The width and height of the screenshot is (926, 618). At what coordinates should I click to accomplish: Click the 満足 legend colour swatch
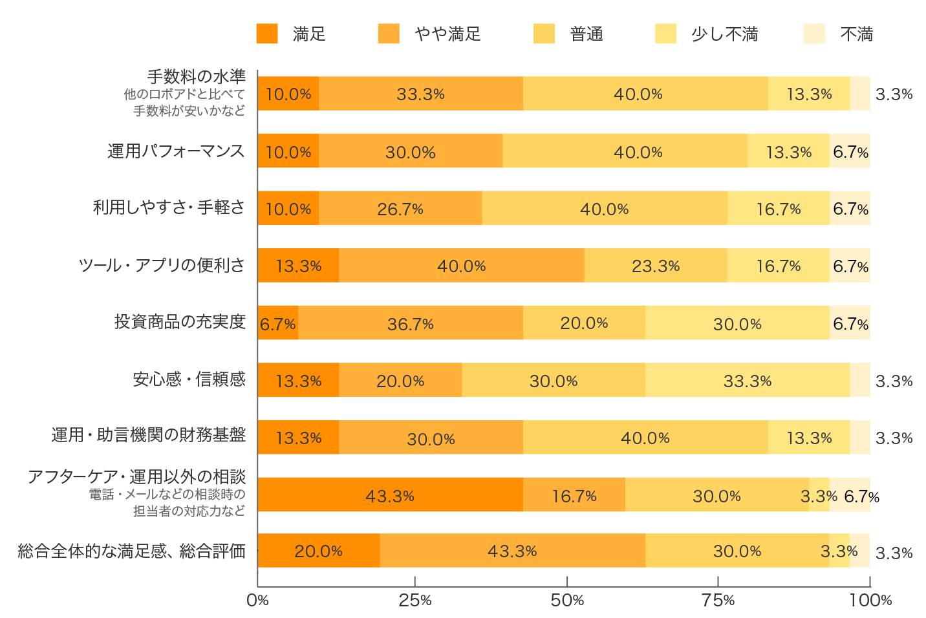tap(266, 34)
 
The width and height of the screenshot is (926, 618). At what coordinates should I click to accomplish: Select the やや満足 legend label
tap(447, 34)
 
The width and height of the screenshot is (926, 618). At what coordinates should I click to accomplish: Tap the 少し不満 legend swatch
tap(665, 34)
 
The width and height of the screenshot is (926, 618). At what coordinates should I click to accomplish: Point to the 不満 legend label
tap(856, 34)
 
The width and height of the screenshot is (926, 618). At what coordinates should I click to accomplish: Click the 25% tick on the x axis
tap(415, 600)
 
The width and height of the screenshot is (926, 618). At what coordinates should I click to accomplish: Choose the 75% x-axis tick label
tap(718, 600)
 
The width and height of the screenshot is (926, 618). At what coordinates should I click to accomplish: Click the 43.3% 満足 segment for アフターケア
tap(390, 495)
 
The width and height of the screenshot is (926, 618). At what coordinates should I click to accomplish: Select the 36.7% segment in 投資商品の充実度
tap(410, 323)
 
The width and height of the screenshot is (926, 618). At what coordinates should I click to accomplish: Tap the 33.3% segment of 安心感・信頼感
tap(748, 380)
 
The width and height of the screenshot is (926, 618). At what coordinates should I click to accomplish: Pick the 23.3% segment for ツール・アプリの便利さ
tap(655, 266)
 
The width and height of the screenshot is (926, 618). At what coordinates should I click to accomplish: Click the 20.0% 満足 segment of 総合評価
tap(318, 551)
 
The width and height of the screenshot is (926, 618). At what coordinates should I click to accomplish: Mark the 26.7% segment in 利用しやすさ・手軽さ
tap(400, 208)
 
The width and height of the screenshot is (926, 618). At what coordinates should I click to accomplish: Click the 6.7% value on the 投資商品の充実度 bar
tap(277, 324)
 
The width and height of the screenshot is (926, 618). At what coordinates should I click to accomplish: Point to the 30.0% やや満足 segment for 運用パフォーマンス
tap(410, 151)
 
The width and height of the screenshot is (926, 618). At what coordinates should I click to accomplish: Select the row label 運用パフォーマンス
tap(176, 151)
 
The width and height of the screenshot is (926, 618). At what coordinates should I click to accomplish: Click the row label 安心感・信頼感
tap(189, 379)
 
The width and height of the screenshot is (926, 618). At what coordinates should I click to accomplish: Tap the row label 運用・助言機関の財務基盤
tap(148, 434)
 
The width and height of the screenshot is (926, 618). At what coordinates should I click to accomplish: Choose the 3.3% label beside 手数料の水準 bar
tap(894, 94)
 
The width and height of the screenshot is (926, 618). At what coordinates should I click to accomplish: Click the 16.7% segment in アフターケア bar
tap(574, 495)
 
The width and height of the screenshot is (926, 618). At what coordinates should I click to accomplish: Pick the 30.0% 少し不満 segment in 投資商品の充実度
tap(737, 323)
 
